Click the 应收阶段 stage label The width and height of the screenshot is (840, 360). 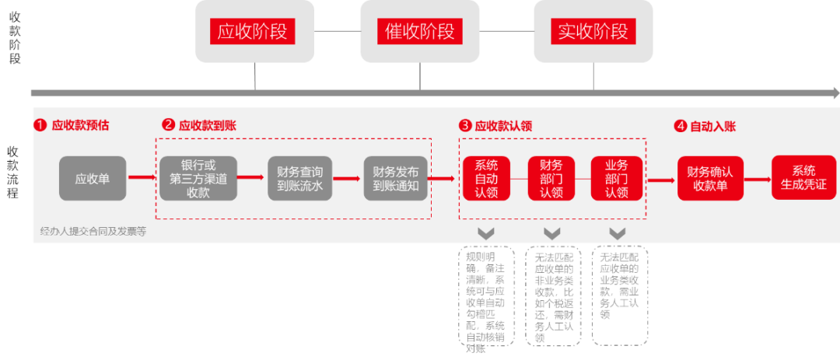click(x=255, y=32)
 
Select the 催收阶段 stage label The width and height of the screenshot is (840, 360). click(x=419, y=32)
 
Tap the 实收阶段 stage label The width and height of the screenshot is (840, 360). click(x=592, y=32)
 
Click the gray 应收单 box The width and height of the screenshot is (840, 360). click(x=93, y=178)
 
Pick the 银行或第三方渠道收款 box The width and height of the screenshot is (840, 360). click(x=198, y=178)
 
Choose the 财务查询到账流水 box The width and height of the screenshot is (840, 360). click(x=299, y=178)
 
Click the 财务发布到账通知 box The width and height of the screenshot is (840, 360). click(x=396, y=178)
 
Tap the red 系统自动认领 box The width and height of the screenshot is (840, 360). click(x=486, y=178)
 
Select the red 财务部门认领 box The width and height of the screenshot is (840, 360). click(x=551, y=178)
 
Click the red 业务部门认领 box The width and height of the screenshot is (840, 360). click(x=617, y=178)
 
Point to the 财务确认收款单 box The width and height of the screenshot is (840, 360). click(x=710, y=178)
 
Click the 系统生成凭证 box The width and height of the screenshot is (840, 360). click(x=803, y=178)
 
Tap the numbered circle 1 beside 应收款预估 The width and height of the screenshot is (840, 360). click(x=40, y=124)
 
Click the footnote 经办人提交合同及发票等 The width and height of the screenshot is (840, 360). click(x=93, y=231)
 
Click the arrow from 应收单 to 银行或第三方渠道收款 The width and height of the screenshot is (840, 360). click(x=142, y=178)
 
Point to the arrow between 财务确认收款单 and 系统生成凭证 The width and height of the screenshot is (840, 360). click(x=758, y=178)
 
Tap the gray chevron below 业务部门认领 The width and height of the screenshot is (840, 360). click(x=618, y=233)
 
